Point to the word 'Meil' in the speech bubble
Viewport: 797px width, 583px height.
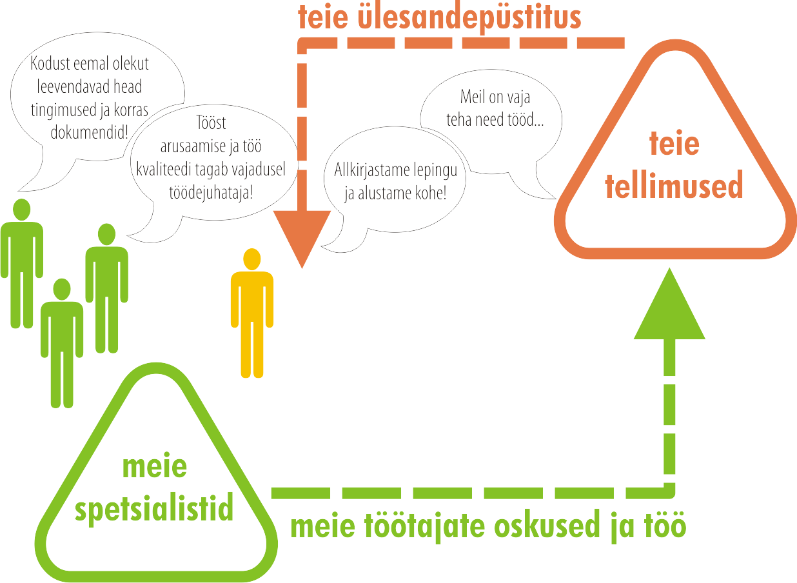click(472, 98)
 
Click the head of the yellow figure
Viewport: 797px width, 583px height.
click(252, 259)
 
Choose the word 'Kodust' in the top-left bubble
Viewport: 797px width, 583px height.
click(50, 64)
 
